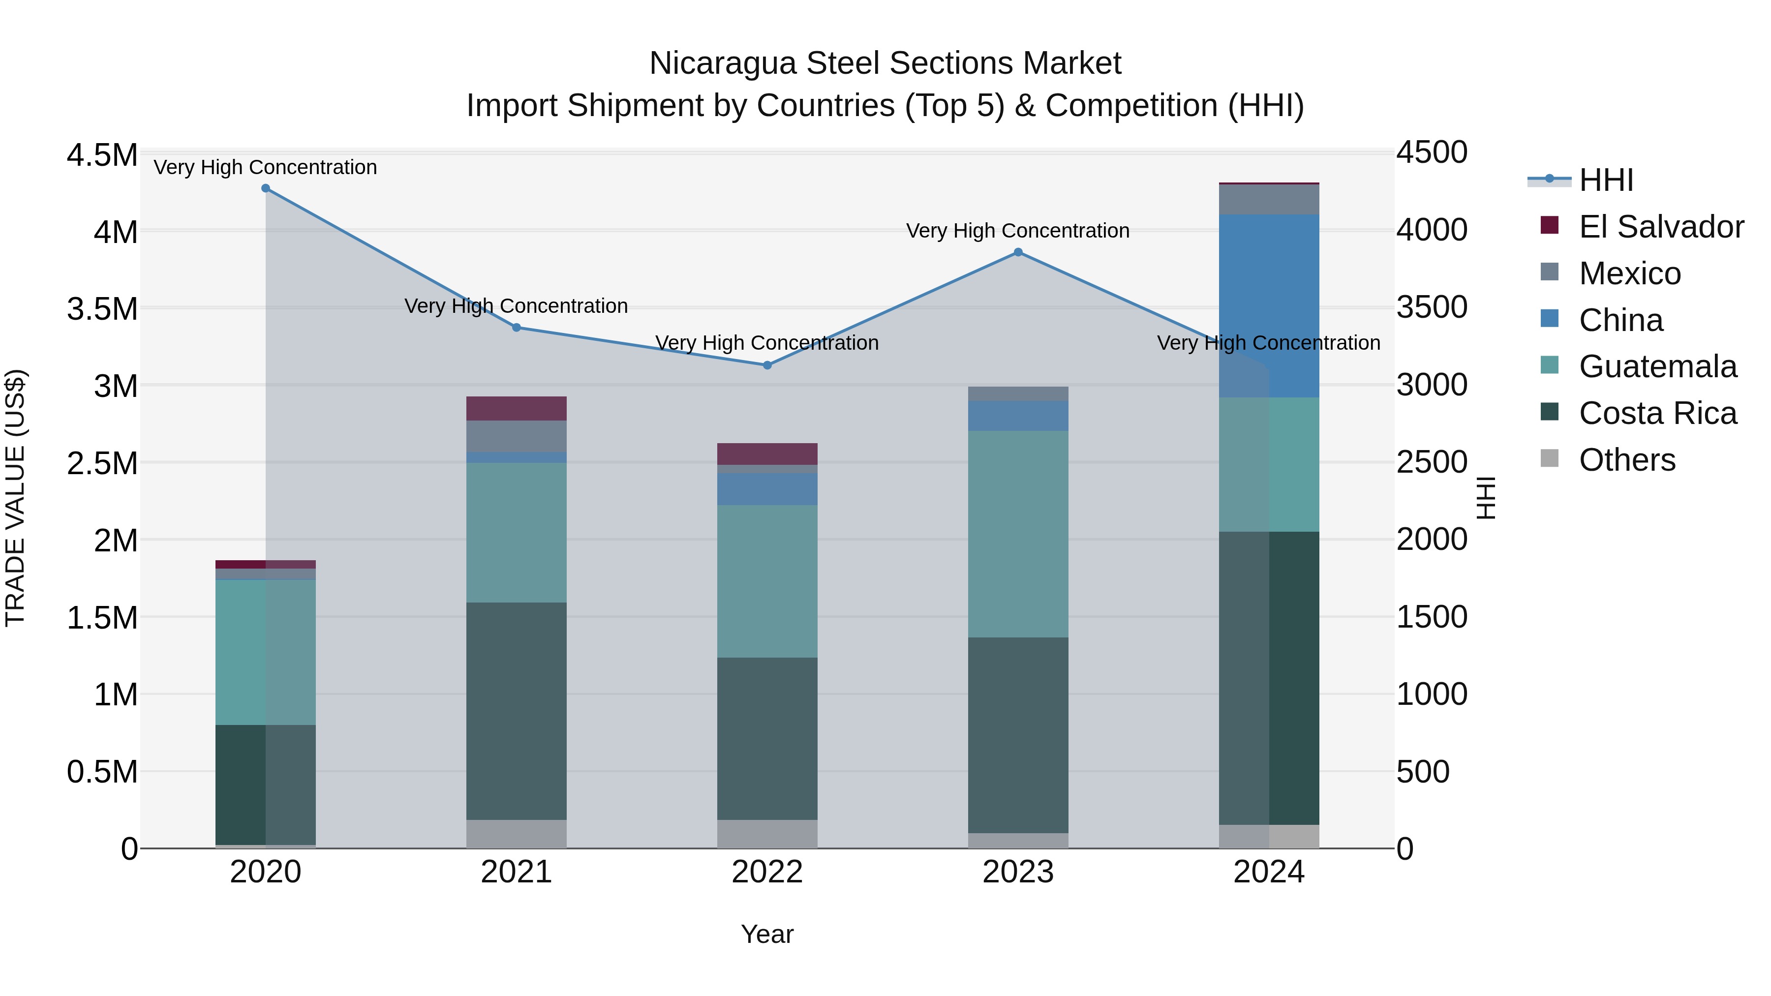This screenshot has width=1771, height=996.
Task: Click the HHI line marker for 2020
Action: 265,188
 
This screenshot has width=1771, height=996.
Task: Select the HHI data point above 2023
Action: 1018,252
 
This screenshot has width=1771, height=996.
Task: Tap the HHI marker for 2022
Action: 767,365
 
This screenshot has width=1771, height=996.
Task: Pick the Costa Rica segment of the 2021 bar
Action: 517,711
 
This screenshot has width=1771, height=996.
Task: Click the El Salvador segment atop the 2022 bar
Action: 767,453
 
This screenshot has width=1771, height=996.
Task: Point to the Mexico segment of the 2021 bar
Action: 517,436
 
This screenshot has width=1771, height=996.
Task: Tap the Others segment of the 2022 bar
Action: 767,833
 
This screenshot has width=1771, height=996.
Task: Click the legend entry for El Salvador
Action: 1661,227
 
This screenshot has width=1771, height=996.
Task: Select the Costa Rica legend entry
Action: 1657,413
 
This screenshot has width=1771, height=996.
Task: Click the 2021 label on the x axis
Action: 517,872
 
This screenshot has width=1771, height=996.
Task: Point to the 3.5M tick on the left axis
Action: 102,308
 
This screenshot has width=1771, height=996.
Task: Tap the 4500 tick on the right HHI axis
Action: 1432,152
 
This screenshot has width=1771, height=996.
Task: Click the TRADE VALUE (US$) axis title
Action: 15,498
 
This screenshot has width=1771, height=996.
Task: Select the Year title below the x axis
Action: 767,934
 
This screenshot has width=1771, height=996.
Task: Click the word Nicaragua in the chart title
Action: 723,63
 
